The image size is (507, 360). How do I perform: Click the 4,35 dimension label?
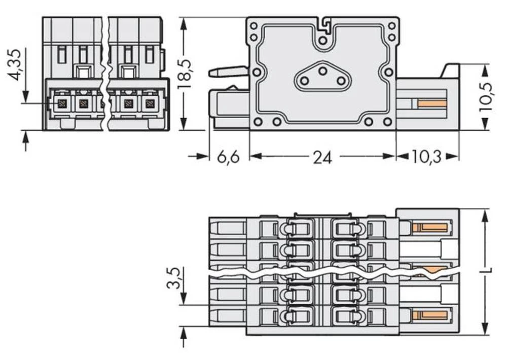(x=15, y=64)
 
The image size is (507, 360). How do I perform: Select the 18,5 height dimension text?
(x=185, y=74)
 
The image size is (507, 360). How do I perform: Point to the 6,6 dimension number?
(x=228, y=158)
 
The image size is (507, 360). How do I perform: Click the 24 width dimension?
(x=322, y=158)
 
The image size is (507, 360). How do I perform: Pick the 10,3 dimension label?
(x=426, y=158)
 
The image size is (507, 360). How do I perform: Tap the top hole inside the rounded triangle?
(x=322, y=71)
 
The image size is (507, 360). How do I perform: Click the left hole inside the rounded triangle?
(x=304, y=81)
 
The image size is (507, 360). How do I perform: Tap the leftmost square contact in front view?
(x=63, y=104)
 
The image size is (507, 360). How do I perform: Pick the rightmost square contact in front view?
(x=149, y=104)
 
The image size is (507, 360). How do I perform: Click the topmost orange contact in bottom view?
(x=430, y=227)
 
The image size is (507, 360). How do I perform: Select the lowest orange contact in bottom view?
(x=430, y=315)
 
